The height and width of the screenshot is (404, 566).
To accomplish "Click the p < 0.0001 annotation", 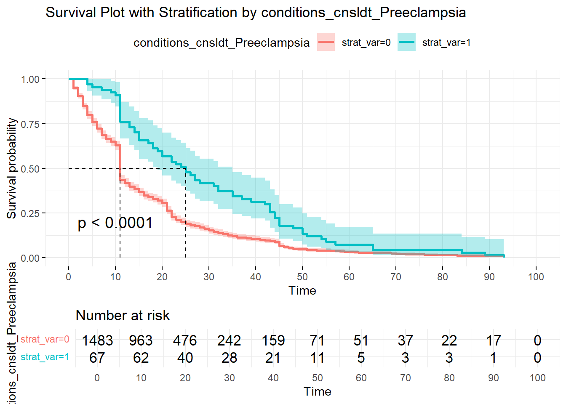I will click(x=115, y=223).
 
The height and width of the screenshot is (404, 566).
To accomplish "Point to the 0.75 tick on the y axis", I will click(x=30, y=124).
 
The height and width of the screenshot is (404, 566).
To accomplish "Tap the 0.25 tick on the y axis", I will click(x=30, y=213).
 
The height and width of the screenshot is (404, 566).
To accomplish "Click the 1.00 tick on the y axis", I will click(x=30, y=80).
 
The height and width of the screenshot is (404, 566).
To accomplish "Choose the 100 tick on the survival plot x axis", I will click(x=536, y=277).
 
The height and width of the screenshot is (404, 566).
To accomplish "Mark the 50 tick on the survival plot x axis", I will click(x=302, y=277).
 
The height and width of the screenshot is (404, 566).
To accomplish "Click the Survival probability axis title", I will click(x=12, y=168).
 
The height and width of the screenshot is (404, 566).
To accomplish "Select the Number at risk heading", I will click(x=123, y=315).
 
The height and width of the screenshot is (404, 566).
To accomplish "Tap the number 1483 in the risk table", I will click(x=97, y=340).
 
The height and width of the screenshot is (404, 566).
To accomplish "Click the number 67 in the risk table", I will click(x=97, y=358).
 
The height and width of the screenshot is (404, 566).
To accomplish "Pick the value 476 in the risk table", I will click(x=185, y=340).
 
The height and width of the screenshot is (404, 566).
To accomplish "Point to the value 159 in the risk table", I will click(x=273, y=340).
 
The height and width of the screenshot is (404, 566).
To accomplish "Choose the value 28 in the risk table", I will click(x=229, y=358).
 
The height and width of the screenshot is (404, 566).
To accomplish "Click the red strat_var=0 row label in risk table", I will click(x=45, y=339).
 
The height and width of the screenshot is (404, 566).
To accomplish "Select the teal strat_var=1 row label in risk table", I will click(x=45, y=357).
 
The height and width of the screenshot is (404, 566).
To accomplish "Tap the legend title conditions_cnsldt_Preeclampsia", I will click(x=222, y=43).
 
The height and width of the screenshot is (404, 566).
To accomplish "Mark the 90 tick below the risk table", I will click(x=493, y=378).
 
